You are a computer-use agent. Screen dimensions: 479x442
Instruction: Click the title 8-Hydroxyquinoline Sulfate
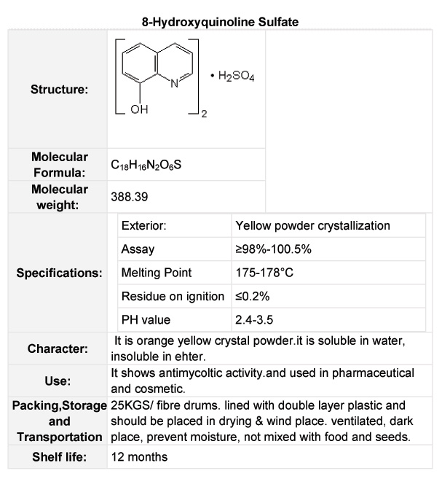coord(220,23)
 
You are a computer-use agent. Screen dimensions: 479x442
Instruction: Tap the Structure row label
coord(59,90)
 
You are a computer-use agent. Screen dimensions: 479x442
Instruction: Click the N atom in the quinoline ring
coord(173,83)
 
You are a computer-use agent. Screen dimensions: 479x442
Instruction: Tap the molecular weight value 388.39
coord(128,197)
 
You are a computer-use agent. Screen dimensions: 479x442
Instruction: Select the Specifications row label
coord(59,273)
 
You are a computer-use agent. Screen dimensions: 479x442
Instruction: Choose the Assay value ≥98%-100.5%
coord(273,249)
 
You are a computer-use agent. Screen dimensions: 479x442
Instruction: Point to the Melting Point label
coord(157,273)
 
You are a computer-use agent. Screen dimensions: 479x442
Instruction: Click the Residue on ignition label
coord(173,296)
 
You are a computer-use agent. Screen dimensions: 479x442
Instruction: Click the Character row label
coord(58,348)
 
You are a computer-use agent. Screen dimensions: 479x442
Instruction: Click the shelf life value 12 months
coord(139,457)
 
